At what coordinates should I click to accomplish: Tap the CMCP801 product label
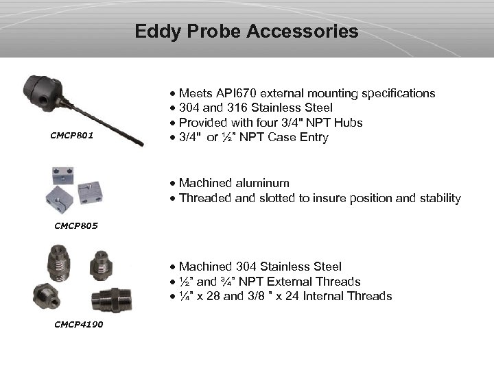[x=72, y=136]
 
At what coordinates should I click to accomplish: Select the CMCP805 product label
[x=75, y=225]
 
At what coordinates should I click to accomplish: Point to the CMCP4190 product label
[x=78, y=324]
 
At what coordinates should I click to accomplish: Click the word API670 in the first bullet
[x=240, y=93]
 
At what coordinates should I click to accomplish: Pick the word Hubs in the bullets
[x=349, y=123]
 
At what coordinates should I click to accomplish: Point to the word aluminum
[x=261, y=183]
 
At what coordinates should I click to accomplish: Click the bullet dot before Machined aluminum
[x=173, y=184]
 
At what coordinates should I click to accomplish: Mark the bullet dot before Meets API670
[x=173, y=94]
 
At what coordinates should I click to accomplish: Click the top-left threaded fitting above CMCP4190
[x=58, y=260]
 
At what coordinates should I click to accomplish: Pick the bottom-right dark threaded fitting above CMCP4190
[x=106, y=300]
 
